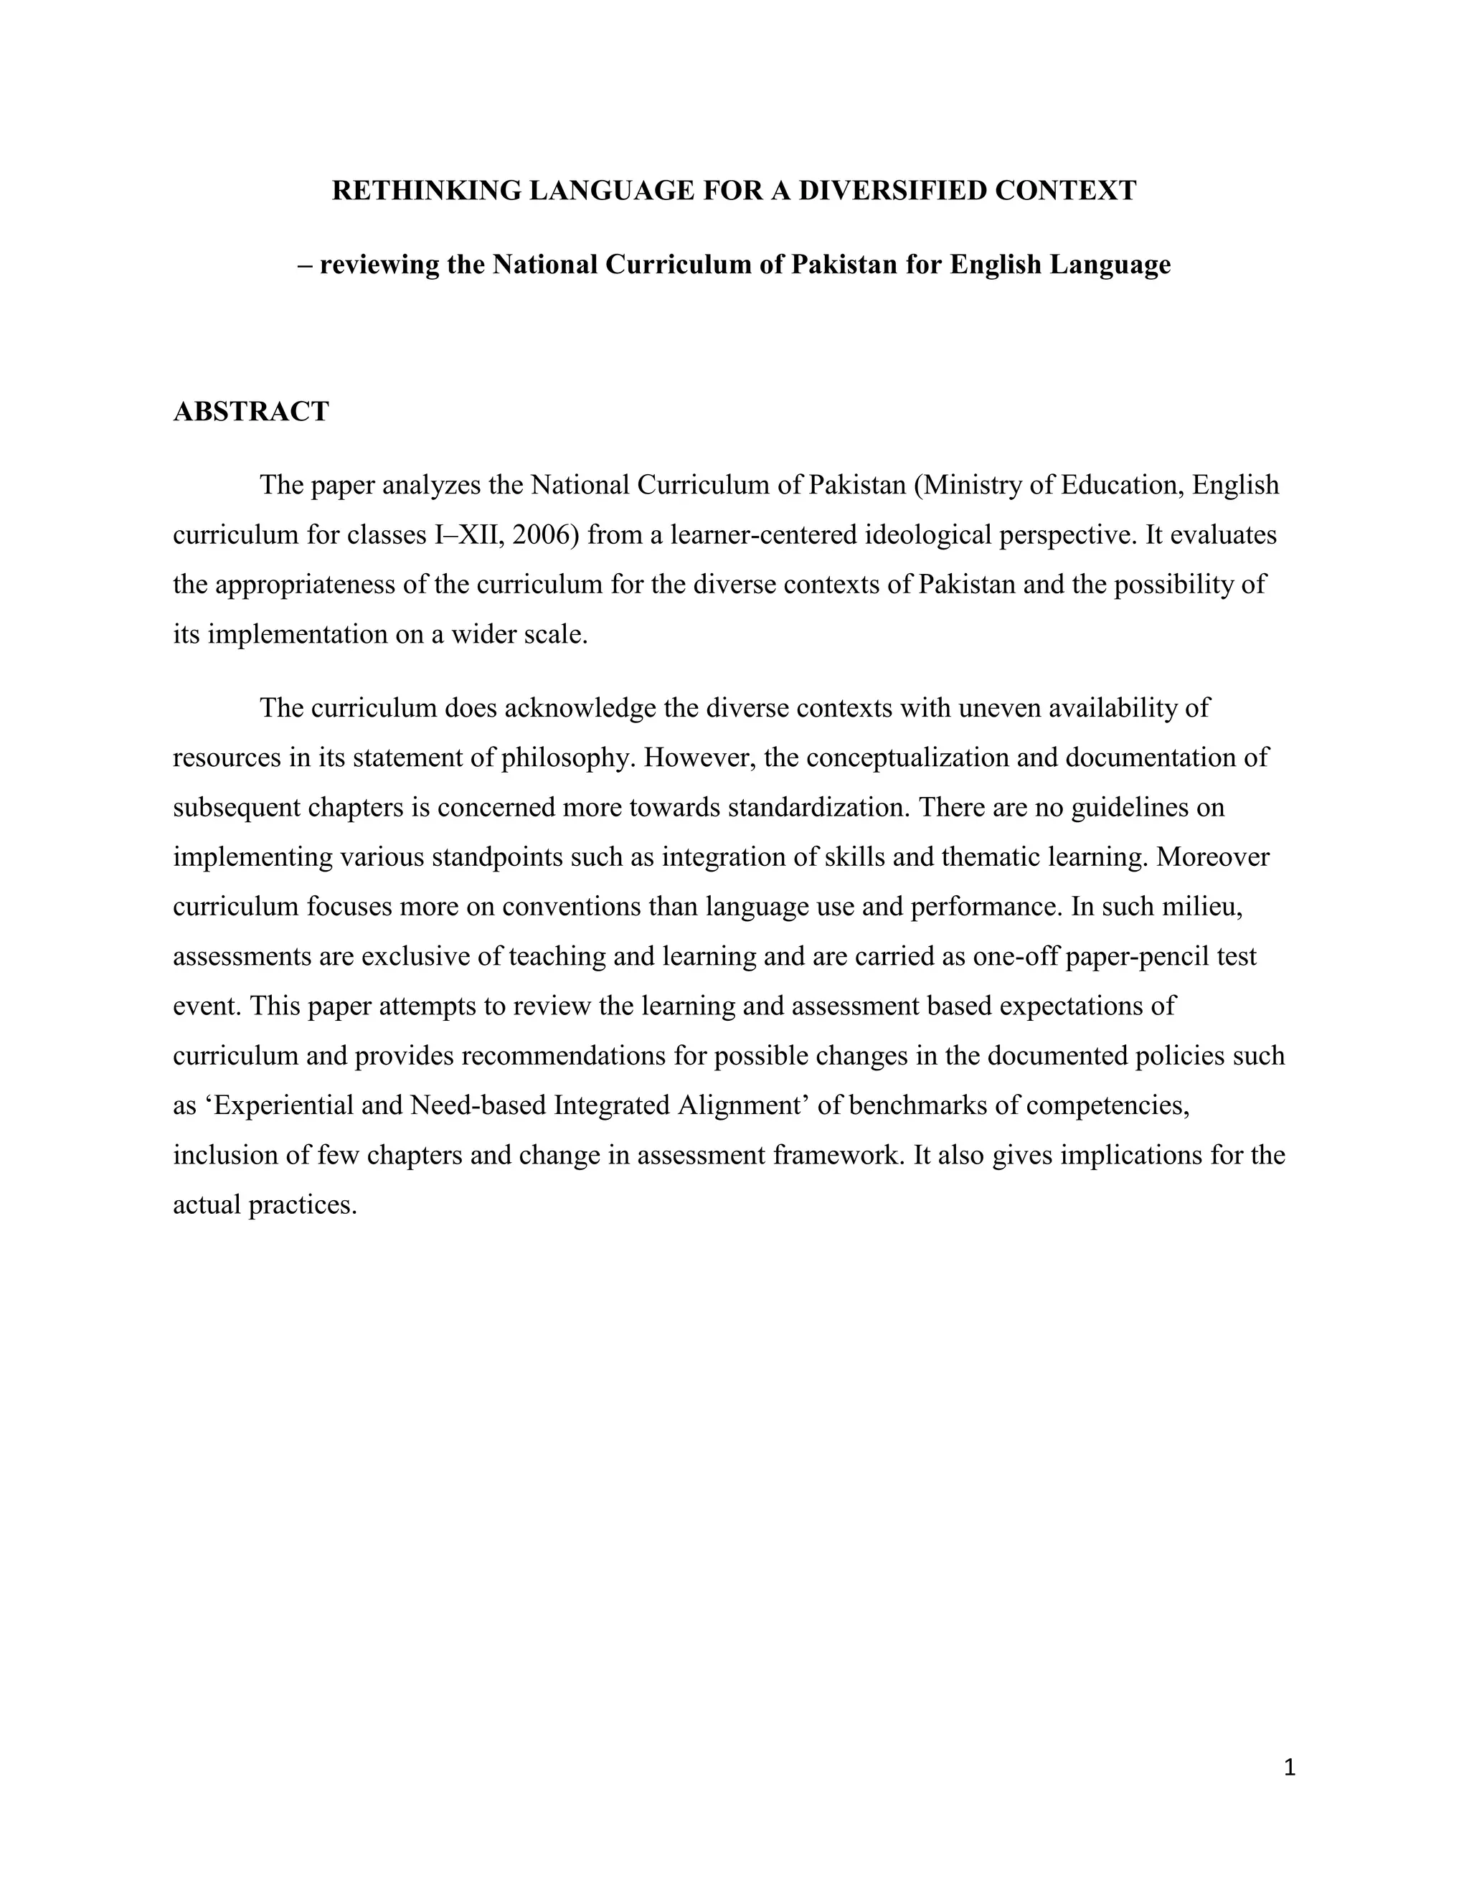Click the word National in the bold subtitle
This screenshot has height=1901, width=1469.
click(545, 265)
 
